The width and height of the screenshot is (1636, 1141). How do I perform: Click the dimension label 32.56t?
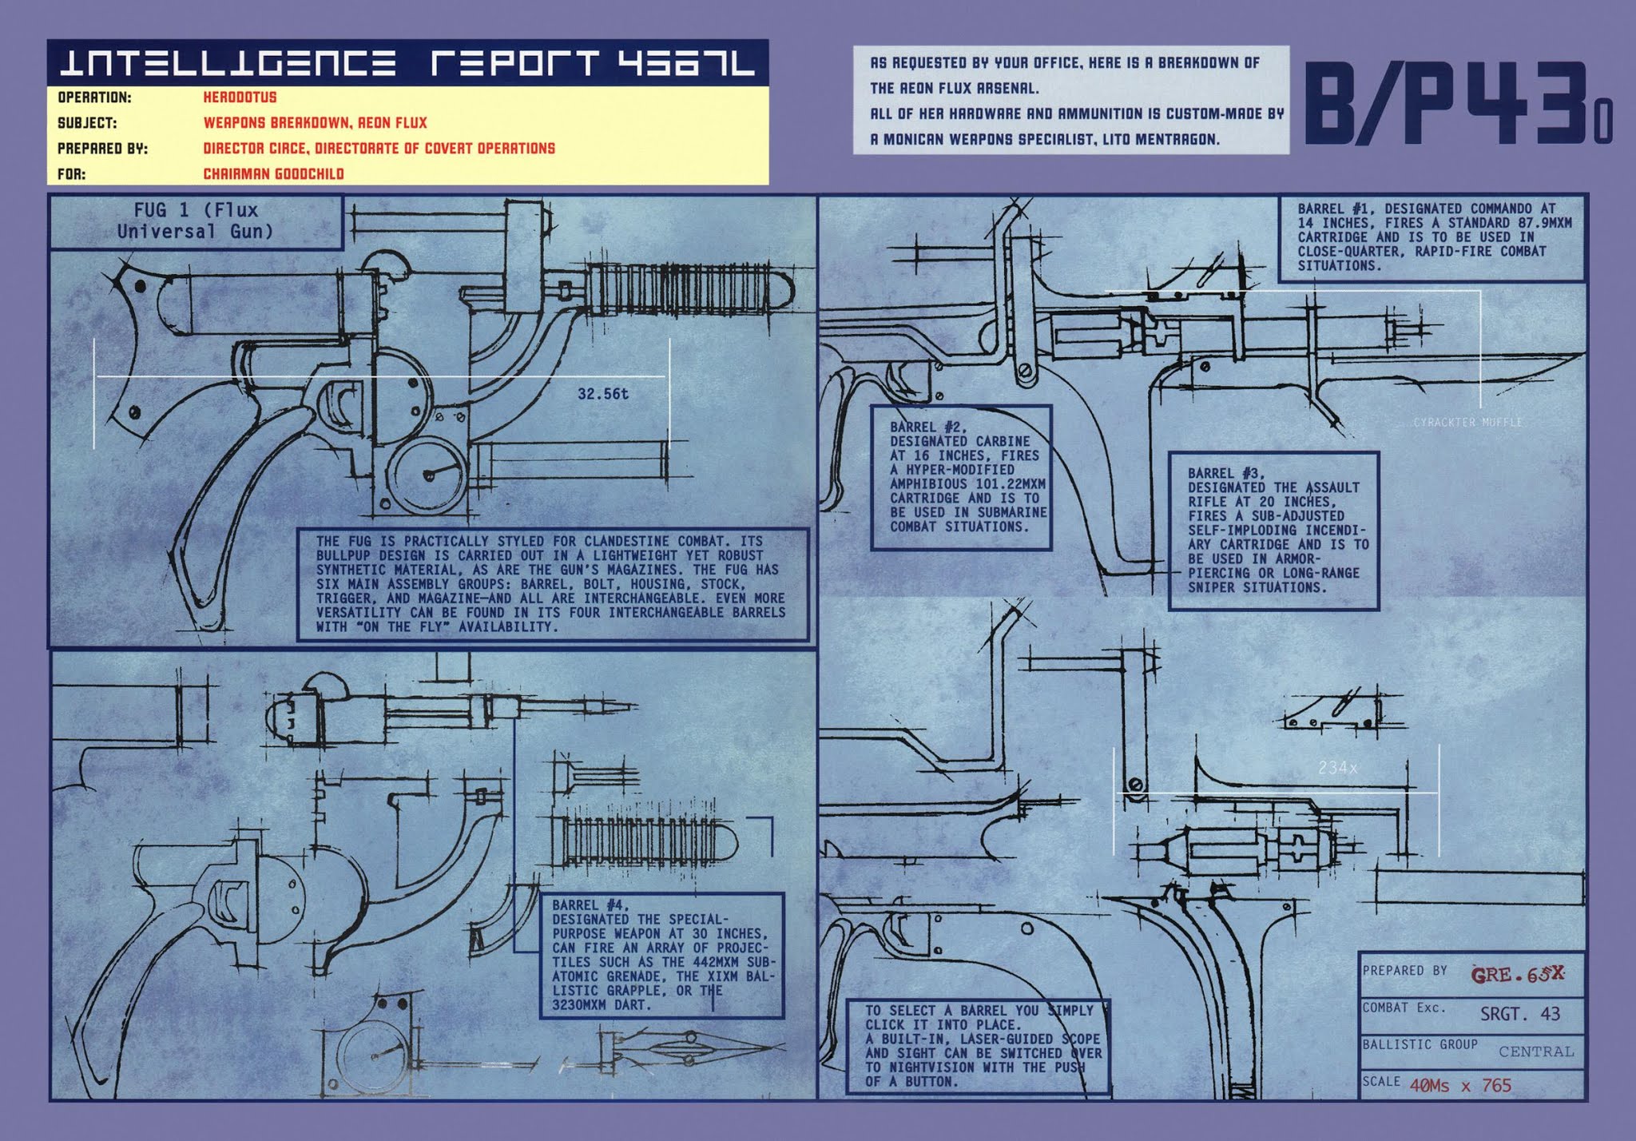603,394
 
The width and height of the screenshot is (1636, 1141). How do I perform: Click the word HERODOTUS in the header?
240,97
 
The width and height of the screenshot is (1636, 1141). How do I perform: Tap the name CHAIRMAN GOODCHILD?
273,174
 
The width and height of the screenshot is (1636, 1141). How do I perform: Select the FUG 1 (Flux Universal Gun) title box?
196,221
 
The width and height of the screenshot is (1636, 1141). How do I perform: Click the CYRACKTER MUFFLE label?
1467,422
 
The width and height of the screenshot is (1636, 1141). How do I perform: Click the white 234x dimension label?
1337,768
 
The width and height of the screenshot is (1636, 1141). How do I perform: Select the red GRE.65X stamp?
1517,975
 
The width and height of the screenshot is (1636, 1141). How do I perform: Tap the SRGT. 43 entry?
1519,1014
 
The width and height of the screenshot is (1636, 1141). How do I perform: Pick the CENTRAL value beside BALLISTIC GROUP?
1535,1052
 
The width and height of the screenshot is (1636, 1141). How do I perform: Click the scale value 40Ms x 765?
1460,1086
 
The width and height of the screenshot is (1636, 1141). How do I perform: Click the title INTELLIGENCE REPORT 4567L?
407,62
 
